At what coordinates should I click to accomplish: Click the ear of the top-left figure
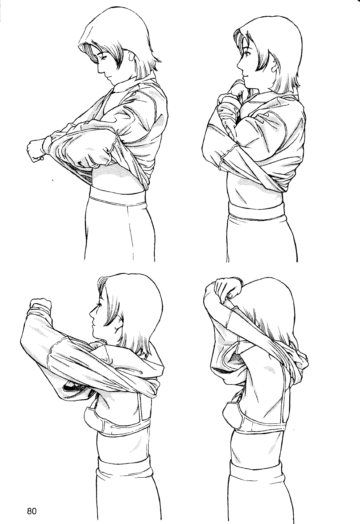[x=132, y=56]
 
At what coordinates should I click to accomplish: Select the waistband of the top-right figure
[x=256, y=211]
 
